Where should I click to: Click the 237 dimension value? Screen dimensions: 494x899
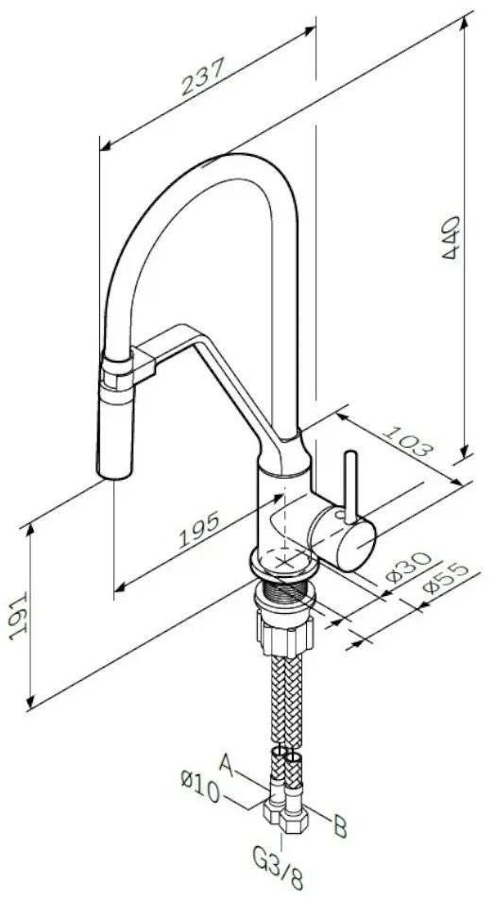pyautogui.click(x=202, y=76)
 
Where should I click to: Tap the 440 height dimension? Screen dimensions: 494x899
pyautogui.click(x=451, y=237)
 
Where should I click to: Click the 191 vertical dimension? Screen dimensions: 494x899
pyautogui.click(x=18, y=617)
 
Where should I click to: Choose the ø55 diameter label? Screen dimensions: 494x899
pyautogui.click(x=445, y=580)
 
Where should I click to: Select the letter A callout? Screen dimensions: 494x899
pyautogui.click(x=227, y=766)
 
